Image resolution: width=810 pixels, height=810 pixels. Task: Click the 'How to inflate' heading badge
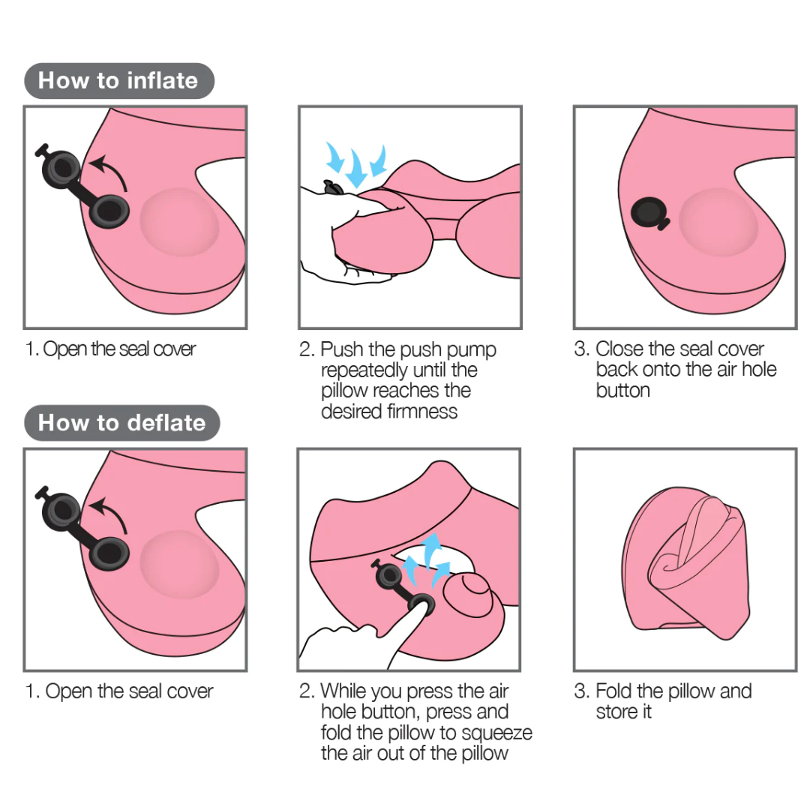(x=118, y=80)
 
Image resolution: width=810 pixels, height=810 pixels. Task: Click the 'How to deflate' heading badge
(x=122, y=422)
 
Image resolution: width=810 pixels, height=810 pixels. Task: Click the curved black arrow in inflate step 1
(x=111, y=170)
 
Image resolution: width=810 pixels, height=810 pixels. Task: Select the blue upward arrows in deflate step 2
(x=426, y=560)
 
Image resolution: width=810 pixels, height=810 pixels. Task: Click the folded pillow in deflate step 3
(x=686, y=562)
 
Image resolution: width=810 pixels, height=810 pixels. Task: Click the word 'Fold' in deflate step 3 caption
(x=613, y=691)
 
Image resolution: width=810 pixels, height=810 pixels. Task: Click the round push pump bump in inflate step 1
(x=179, y=221)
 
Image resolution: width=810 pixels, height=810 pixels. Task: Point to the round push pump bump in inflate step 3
(x=718, y=221)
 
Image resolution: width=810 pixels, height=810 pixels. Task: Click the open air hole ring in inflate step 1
(x=109, y=211)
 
